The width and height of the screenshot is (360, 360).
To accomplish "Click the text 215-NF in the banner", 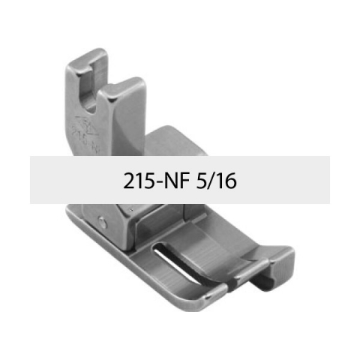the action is click(x=156, y=181).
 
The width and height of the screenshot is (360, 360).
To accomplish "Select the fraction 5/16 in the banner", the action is click(x=216, y=181).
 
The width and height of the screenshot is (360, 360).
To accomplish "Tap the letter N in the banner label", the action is click(x=171, y=181).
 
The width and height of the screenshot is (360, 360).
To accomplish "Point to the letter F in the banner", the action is click(x=184, y=181).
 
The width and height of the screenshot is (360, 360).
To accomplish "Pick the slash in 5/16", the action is click(x=211, y=181).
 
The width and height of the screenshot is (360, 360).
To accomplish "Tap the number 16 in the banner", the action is click(x=226, y=181).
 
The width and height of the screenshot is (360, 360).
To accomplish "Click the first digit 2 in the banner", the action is click(x=129, y=181).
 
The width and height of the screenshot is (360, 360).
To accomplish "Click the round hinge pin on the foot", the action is click(x=102, y=222).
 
